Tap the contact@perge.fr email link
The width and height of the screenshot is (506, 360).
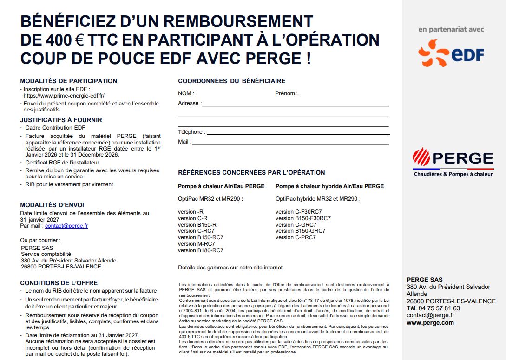tap(66, 226)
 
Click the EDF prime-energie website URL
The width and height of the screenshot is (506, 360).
tap(64, 95)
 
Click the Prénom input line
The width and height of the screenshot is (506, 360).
tap(344, 94)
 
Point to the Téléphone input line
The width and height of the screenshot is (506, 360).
tap(297, 133)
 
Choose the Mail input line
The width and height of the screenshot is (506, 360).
tap(290, 143)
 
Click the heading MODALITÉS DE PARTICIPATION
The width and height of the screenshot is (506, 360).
tap(69, 81)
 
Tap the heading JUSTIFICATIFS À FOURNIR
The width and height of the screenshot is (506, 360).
tap(61, 120)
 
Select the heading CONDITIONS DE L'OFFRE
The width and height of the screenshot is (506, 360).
tap(59, 283)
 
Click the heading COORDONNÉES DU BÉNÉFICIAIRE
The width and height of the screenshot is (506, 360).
tap(232, 81)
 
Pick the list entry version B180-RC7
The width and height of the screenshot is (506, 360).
tap(201, 250)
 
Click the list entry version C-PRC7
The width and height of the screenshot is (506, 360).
tap(296, 237)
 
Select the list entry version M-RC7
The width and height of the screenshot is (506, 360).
tap(197, 244)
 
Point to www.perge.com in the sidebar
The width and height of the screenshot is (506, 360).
tap(430, 322)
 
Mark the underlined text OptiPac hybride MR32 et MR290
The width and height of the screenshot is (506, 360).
tap(316, 199)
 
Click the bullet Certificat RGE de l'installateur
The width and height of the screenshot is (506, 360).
tap(62, 163)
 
